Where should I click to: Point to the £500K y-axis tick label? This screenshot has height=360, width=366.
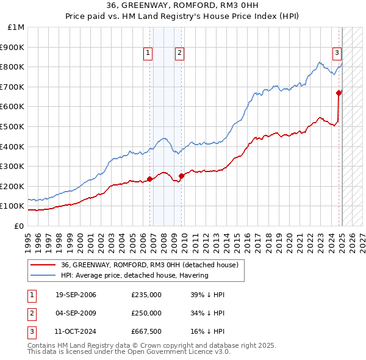click(x=13, y=127)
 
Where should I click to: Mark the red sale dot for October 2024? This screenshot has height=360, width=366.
click(x=339, y=93)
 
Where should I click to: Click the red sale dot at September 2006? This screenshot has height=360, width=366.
click(x=150, y=179)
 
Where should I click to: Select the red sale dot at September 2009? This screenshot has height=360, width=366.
click(x=181, y=176)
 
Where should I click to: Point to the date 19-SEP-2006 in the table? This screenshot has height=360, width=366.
click(x=76, y=295)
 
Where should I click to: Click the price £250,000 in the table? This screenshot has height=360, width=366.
click(x=146, y=313)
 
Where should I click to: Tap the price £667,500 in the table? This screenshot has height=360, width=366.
click(x=146, y=331)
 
